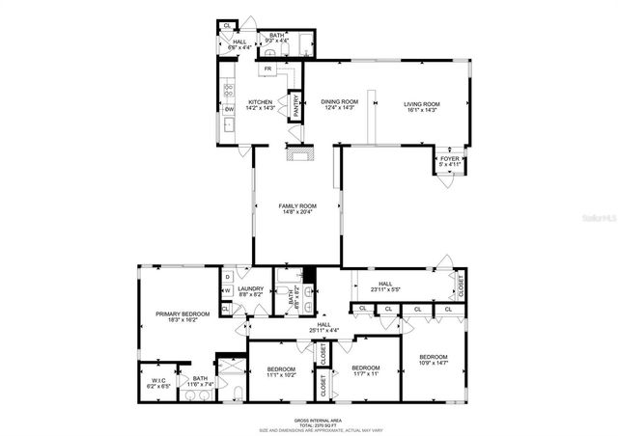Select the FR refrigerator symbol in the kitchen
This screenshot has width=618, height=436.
pos(267,69)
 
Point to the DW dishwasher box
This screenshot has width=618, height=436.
pos(230,109)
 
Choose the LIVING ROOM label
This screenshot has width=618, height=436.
pos(421,106)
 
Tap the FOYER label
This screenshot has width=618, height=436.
pos(449,161)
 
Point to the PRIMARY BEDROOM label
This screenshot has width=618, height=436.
pos(177,316)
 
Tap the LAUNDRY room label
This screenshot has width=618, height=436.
pos(251,289)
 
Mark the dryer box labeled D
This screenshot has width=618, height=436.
pos(226,277)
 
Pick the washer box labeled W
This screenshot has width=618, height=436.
pos(226,289)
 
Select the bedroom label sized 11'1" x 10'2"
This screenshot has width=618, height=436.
pos(281,371)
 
